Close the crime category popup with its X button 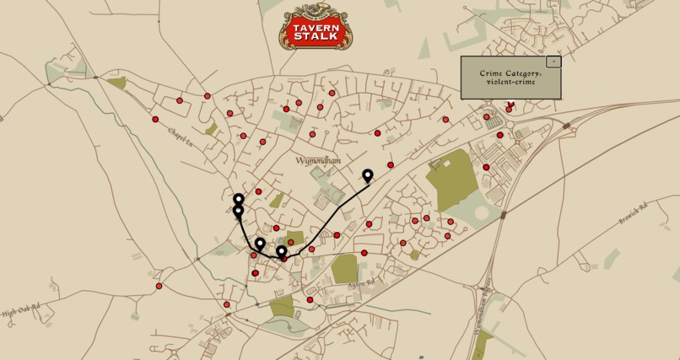tap(553, 62)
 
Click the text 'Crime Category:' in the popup tap(510, 73)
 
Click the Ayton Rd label tap(360, 286)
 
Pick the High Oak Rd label tap(20, 313)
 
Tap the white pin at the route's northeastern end tap(367, 175)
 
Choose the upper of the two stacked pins tap(239, 200)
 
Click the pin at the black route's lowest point tap(281, 251)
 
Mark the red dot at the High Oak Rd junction tap(159, 286)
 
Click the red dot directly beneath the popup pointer tap(510, 105)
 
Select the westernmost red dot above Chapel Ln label tap(155, 120)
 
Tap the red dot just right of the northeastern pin tap(390, 164)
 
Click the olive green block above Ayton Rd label tap(344, 269)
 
